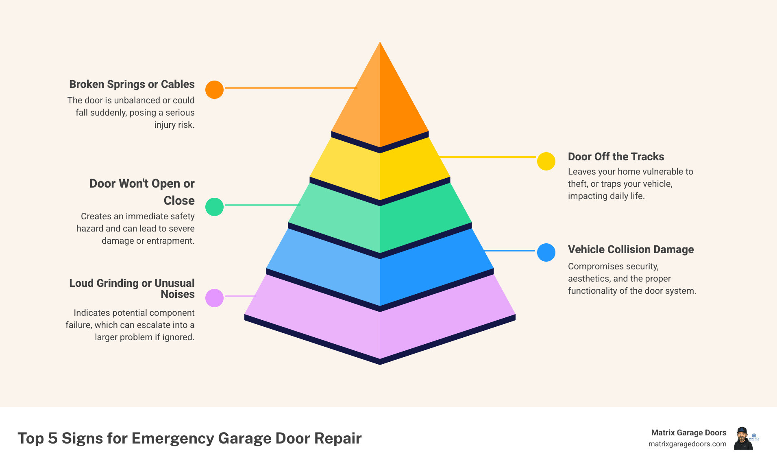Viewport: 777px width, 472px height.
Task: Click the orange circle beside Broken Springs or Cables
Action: coord(214,90)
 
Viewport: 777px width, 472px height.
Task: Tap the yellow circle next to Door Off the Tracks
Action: coord(546,161)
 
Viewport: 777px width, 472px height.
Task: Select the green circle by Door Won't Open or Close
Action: coord(214,207)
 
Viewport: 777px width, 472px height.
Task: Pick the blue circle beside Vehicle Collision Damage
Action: coord(546,252)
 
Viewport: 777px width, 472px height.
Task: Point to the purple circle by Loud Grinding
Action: coord(214,298)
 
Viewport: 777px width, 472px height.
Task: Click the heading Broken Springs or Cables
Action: coord(132,84)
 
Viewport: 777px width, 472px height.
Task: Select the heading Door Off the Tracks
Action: coord(616,157)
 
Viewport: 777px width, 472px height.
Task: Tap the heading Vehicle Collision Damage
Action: coord(631,249)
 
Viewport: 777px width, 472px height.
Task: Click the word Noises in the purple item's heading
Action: coord(178,294)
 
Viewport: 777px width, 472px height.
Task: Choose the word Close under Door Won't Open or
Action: coord(179,201)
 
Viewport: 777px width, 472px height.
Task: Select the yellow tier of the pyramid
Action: coord(380,171)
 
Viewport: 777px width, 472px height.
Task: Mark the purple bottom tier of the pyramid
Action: coord(380,326)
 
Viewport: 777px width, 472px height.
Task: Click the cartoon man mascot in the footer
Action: coord(743,439)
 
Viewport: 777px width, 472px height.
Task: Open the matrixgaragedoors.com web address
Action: coord(687,444)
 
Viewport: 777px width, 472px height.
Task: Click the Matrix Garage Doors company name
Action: coord(688,433)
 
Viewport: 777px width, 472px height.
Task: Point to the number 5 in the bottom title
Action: coord(53,438)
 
